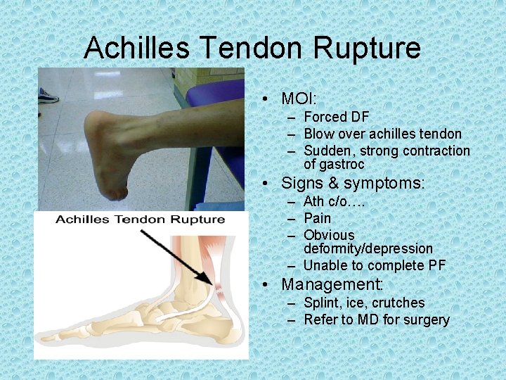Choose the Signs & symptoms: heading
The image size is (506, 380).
[x=353, y=184]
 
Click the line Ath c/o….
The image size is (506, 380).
[x=334, y=202]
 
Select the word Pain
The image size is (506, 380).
[x=317, y=218]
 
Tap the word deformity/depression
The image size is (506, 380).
[x=368, y=248]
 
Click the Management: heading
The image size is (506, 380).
[x=332, y=285]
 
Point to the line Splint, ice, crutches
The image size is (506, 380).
[x=364, y=303]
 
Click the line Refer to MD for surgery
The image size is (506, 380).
[x=376, y=319]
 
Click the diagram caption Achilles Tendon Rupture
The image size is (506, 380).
[x=141, y=220]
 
